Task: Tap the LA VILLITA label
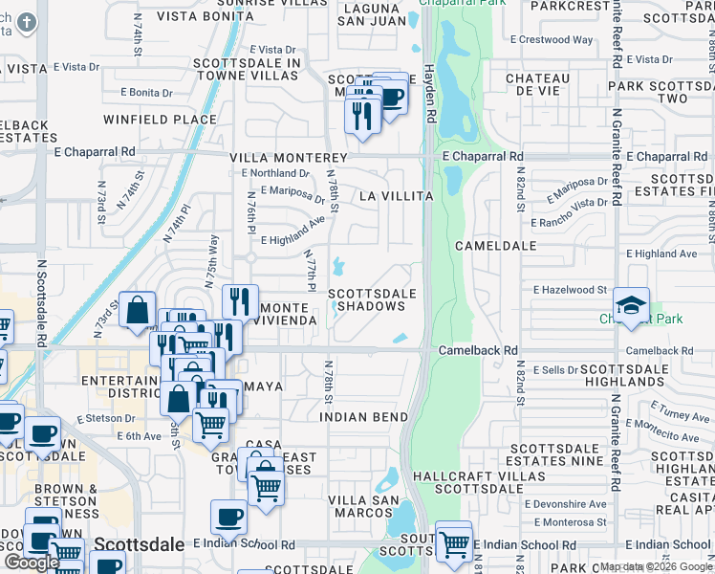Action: (396, 196)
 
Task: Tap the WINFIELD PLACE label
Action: (160, 120)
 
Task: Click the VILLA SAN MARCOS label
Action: (362, 507)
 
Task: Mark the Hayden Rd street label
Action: (431, 100)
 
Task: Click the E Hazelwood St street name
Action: (570, 289)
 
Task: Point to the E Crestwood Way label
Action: (552, 40)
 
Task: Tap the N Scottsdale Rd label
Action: (42, 301)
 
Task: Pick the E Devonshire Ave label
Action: (571, 503)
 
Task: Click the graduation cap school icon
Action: (631, 305)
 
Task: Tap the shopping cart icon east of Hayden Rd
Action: (453, 542)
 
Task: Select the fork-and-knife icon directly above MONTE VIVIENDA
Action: (240, 301)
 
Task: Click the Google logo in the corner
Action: (32, 563)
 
